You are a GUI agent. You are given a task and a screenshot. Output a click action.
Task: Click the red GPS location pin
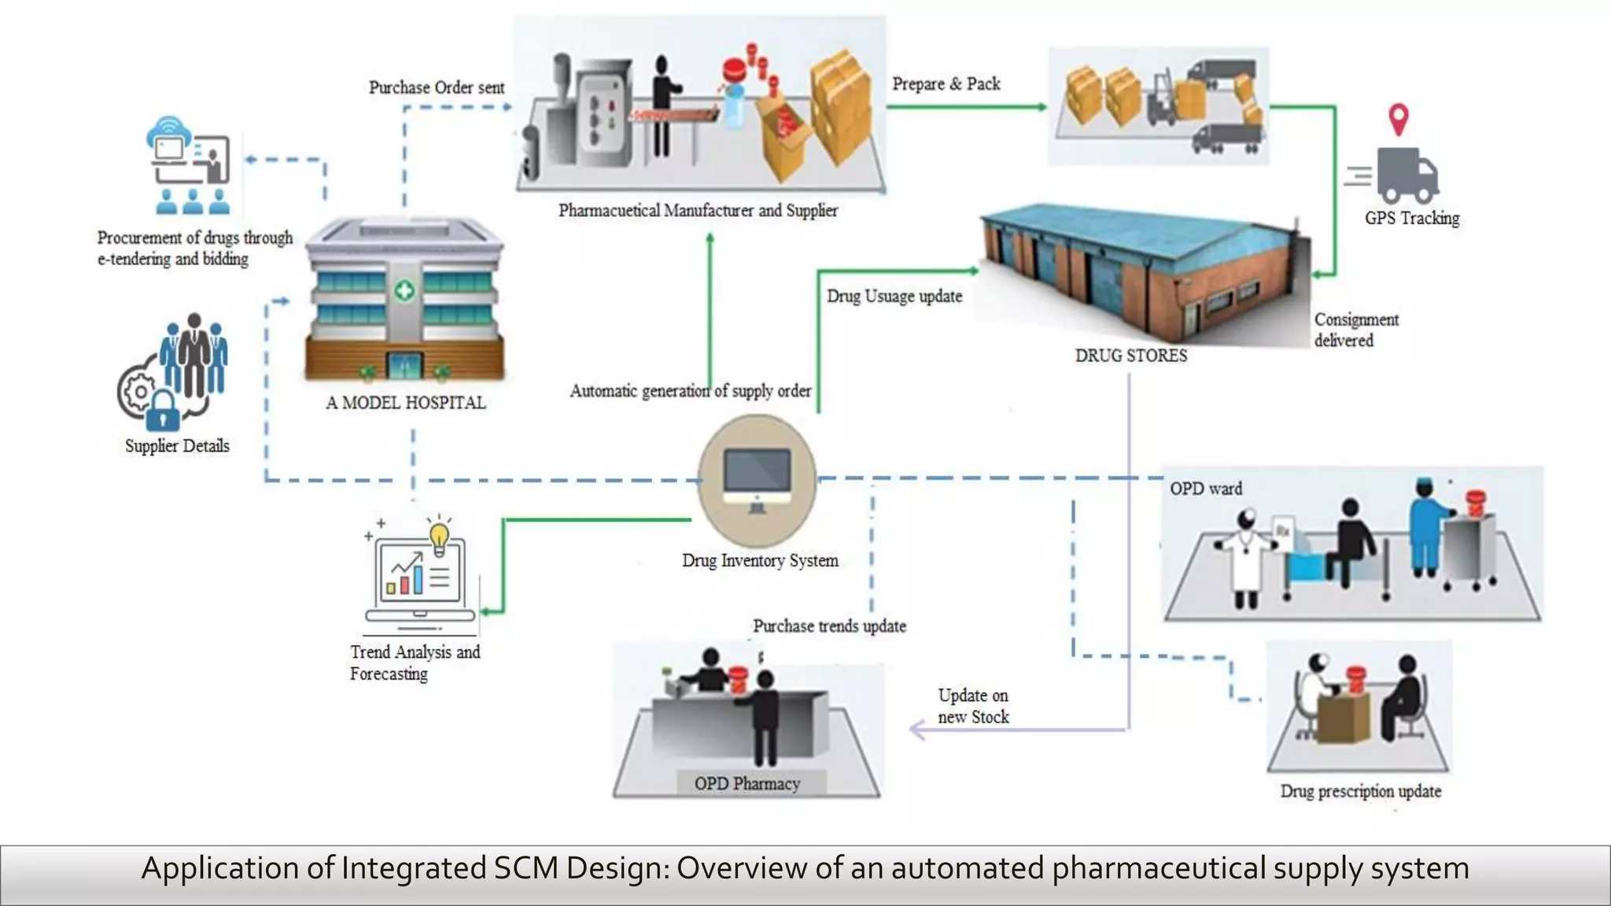pyautogui.click(x=1398, y=119)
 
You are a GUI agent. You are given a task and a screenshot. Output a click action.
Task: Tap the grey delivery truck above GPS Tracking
pyautogui.click(x=1406, y=175)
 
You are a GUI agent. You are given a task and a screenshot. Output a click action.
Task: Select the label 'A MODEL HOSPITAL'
pyautogui.click(x=406, y=403)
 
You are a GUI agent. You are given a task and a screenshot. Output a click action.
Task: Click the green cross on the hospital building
pyautogui.click(x=404, y=291)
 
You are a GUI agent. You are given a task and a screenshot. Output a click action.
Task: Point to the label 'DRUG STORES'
pyautogui.click(x=1131, y=355)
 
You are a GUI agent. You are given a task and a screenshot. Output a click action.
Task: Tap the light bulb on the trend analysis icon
pyautogui.click(x=439, y=538)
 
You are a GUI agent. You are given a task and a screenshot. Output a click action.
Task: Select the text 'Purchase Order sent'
pyautogui.click(x=437, y=87)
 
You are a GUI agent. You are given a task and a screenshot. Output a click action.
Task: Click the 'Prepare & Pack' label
pyautogui.click(x=946, y=83)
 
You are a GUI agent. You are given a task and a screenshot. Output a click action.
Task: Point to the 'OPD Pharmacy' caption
pyautogui.click(x=747, y=783)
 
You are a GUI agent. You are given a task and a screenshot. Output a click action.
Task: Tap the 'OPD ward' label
pyautogui.click(x=1205, y=488)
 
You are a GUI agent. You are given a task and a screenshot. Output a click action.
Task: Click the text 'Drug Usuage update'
pyautogui.click(x=894, y=296)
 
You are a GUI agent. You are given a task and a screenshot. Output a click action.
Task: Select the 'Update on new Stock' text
pyautogui.click(x=973, y=706)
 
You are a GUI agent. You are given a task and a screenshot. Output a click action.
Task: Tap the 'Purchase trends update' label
pyautogui.click(x=829, y=626)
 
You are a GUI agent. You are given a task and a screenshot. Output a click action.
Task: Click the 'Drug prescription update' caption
pyautogui.click(x=1360, y=791)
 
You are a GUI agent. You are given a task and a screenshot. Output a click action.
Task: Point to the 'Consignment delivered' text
pyautogui.click(x=1355, y=330)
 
